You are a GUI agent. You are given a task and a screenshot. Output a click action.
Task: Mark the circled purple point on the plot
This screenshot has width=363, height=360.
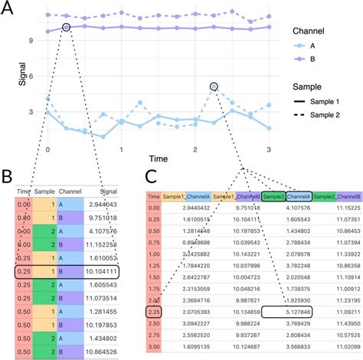(66, 28)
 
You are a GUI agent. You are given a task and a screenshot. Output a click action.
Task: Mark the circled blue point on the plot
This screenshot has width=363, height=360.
(214, 87)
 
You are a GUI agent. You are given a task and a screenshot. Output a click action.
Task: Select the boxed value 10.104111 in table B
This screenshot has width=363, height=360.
(100, 270)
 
